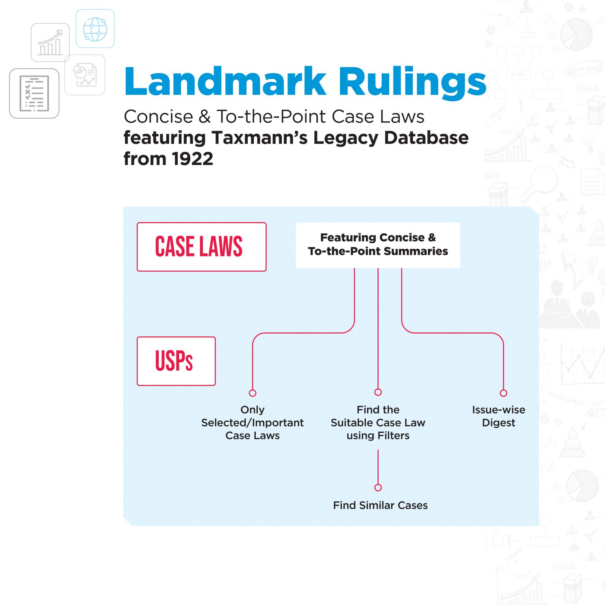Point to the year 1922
tap(193, 159)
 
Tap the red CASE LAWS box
tap(201, 247)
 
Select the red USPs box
tap(176, 361)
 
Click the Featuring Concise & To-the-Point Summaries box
tap(378, 245)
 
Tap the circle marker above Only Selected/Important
tap(252, 393)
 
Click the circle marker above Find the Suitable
tap(378, 392)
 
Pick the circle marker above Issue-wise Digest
tap(503, 393)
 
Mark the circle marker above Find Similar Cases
tap(378, 488)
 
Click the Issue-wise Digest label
tap(499, 416)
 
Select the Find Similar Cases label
tap(380, 505)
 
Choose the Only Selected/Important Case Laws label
tap(252, 423)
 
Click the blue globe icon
tap(95, 29)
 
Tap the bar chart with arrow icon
tap(50, 43)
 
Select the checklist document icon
tap(34, 93)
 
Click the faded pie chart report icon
tap(85, 75)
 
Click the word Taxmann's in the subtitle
tap(260, 138)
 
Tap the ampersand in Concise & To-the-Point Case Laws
tap(205, 117)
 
